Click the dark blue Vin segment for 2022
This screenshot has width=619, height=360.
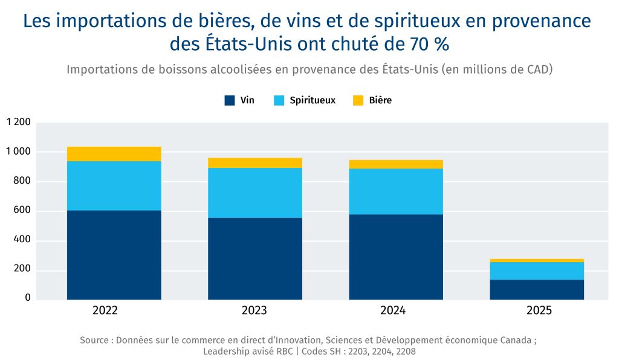pos(114,254)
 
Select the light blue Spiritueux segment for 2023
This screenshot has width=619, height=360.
pos(255,192)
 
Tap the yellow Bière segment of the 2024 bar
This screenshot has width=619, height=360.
pos(396,164)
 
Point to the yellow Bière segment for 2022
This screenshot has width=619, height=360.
pos(114,153)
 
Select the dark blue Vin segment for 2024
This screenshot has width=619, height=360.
pos(396,257)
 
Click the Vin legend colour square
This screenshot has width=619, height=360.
pos(229,101)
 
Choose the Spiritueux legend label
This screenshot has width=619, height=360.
pos(313,101)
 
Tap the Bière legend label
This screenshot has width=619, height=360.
pos(380,101)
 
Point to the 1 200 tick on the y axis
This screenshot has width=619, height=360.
pos(18,123)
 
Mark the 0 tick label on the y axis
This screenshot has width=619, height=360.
pos(28,298)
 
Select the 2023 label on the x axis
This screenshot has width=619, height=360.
pos(254,311)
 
